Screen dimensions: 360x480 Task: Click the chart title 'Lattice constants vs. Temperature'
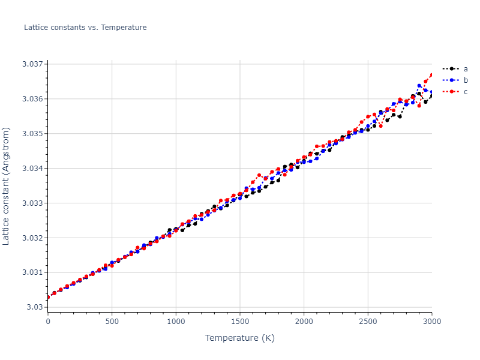click(85, 28)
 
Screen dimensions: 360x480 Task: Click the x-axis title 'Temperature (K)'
click(239, 338)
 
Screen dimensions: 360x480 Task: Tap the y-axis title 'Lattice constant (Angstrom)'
click(7, 185)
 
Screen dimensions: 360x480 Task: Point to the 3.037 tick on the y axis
click(32, 64)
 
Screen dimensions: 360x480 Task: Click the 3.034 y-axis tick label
click(32, 169)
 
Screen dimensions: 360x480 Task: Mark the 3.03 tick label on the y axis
click(35, 307)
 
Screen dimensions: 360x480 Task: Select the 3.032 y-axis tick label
click(32, 238)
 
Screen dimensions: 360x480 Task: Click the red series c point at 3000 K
click(431, 75)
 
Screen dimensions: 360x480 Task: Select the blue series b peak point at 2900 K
click(419, 86)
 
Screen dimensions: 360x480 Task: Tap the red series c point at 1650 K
click(259, 175)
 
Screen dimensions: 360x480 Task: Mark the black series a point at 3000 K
click(431, 96)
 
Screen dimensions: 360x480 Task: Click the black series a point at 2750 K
click(400, 116)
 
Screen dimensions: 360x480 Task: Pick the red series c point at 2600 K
click(380, 126)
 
